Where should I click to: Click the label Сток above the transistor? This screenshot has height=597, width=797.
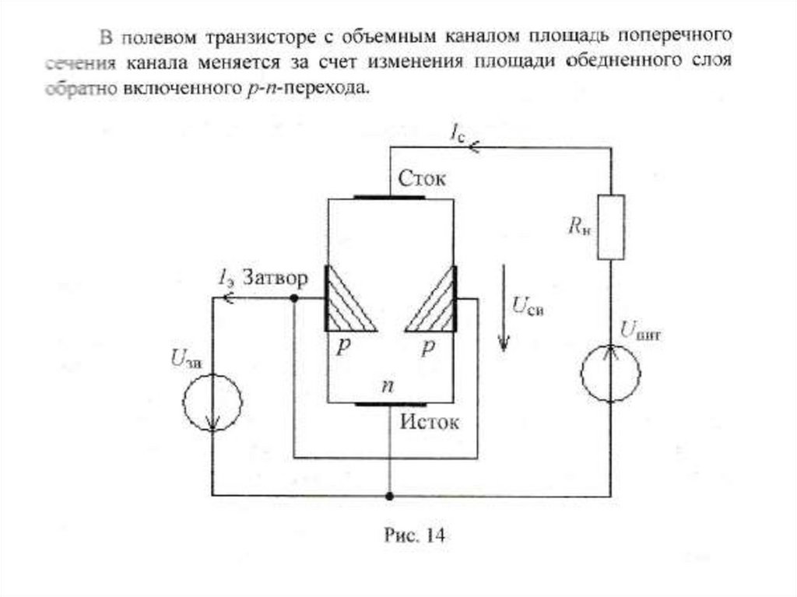point(422,178)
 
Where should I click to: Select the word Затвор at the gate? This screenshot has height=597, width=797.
point(274,278)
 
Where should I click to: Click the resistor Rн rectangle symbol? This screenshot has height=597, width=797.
point(611,227)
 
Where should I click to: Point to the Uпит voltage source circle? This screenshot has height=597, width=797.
point(611,374)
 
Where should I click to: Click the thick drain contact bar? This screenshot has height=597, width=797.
point(389,198)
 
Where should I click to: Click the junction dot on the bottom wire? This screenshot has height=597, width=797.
point(389,495)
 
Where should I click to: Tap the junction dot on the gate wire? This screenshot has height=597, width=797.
point(293,298)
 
